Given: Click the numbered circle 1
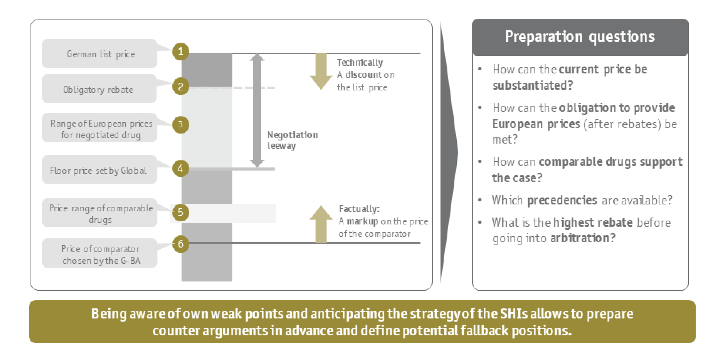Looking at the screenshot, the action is [x=181, y=51].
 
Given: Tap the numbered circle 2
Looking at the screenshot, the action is [x=181, y=86].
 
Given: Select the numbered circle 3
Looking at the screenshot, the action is [x=181, y=124].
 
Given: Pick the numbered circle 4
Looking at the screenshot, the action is [x=181, y=168].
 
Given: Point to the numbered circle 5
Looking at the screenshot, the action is [x=181, y=213].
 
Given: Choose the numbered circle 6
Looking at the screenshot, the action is [x=181, y=244].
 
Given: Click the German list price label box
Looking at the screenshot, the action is [x=100, y=53].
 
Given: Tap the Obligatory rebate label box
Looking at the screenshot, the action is [x=99, y=89].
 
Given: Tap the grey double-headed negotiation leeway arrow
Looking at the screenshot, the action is [x=257, y=110].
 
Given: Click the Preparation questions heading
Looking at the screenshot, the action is [x=580, y=37].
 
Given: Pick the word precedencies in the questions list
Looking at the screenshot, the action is [x=562, y=200].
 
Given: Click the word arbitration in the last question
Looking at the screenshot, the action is [x=583, y=238].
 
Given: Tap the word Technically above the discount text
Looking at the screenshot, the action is [x=360, y=63].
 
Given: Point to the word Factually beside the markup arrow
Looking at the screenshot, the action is [x=359, y=209].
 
